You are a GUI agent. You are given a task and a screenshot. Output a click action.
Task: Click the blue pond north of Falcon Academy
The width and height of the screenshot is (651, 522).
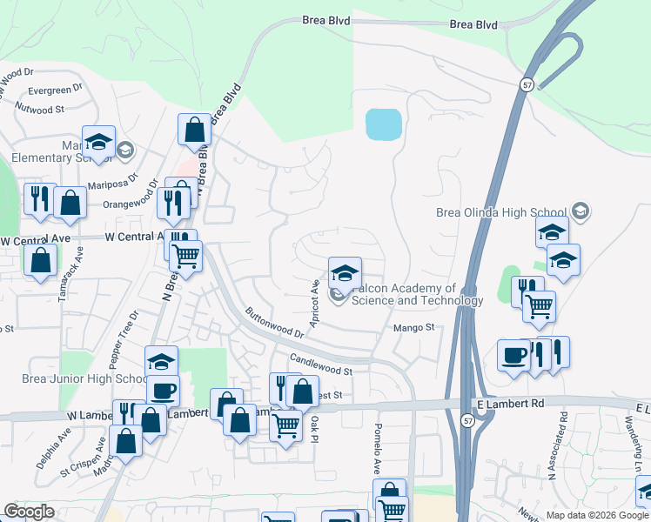(x=384, y=124)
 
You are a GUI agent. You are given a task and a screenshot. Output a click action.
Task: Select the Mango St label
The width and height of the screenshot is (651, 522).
(x=413, y=327)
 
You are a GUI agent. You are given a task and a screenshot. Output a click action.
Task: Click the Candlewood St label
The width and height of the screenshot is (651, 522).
(x=319, y=365)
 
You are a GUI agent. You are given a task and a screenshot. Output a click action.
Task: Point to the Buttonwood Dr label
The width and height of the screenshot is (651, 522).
(x=274, y=322)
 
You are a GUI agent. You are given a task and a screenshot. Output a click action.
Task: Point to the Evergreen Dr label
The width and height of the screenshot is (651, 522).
(x=55, y=89)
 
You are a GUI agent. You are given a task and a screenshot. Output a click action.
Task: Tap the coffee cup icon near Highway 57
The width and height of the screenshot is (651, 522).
(x=514, y=355)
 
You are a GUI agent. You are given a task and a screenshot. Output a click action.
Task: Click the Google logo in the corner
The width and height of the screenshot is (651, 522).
(x=29, y=512)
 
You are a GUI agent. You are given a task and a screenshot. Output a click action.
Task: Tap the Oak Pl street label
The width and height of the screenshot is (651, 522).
(x=315, y=428)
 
